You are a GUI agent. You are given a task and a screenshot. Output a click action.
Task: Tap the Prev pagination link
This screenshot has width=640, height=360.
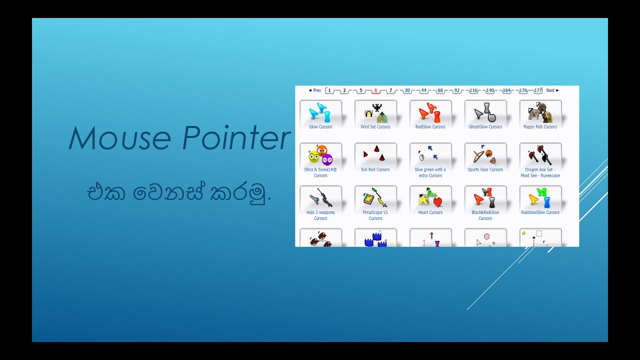click(315, 90)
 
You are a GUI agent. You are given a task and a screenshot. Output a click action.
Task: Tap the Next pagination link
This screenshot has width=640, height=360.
click(552, 90)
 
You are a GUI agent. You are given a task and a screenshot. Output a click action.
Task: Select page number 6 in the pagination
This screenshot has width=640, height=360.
click(376, 90)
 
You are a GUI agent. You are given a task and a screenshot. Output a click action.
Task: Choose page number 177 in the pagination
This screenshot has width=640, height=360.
click(538, 90)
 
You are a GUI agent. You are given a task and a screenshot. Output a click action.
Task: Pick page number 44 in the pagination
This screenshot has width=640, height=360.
click(423, 90)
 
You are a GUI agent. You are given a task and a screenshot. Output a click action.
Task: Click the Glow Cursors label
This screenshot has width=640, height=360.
click(320, 127)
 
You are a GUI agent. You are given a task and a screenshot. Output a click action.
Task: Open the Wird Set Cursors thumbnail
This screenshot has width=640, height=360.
click(375, 113)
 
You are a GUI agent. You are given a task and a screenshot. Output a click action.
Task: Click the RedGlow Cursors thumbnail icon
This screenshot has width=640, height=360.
click(430, 113)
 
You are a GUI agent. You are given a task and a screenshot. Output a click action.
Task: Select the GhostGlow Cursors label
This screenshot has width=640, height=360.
click(485, 127)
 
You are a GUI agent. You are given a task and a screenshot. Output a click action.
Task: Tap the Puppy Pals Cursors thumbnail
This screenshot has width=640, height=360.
click(540, 113)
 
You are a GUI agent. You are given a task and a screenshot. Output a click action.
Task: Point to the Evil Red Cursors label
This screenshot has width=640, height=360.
click(375, 169)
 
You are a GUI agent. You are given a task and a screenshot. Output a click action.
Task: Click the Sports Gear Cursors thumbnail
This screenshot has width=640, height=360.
click(485, 155)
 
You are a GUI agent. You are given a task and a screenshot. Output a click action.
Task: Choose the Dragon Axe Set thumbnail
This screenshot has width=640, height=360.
click(540, 155)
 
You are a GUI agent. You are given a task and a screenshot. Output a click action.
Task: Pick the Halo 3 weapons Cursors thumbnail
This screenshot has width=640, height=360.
click(320, 198)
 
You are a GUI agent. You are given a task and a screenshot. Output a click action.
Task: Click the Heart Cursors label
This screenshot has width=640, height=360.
click(430, 212)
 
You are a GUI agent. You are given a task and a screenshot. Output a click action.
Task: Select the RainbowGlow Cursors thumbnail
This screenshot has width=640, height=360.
click(540, 198)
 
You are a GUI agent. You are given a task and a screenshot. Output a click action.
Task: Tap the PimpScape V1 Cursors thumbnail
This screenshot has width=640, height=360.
click(375, 198)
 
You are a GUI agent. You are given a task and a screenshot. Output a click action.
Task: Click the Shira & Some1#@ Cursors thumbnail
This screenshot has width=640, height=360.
click(320, 155)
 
